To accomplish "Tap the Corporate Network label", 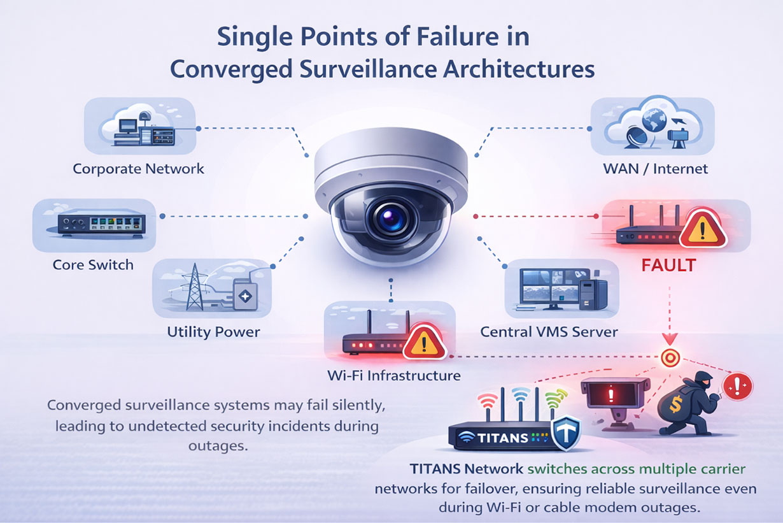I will click(x=138, y=169).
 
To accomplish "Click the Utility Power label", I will click(x=213, y=331).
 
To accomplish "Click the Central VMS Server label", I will click(x=549, y=332).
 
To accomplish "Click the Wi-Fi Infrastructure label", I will click(x=393, y=375).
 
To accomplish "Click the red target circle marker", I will click(x=669, y=357).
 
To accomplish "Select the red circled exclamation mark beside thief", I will click(x=739, y=385).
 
